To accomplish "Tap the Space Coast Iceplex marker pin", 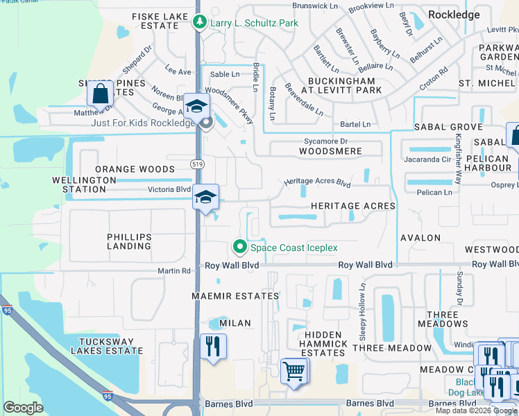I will point(240,247).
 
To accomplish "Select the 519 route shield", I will point(197,162).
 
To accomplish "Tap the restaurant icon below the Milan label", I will point(213,346).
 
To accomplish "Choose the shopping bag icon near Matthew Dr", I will point(101,93).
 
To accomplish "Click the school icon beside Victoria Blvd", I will point(205,197).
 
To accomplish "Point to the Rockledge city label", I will point(454,14).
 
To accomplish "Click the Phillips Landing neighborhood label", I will point(129,241).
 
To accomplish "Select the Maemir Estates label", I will point(235,296).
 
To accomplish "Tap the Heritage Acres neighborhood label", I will point(352,206).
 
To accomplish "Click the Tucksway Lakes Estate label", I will point(111,347).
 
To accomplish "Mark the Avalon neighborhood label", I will point(420,238).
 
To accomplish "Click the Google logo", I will point(24,408).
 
